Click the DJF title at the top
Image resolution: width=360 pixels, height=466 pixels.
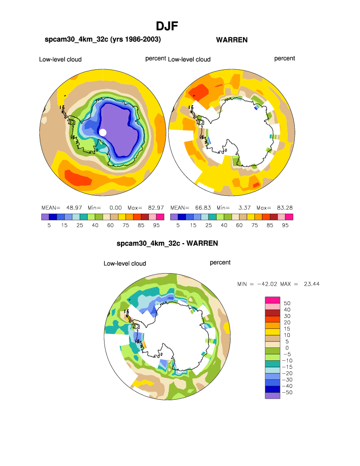(x=167, y=26)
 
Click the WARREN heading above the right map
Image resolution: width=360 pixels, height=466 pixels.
(x=232, y=39)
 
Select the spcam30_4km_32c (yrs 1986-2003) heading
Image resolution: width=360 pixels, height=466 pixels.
(x=103, y=39)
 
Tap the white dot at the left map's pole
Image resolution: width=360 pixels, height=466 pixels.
(x=103, y=132)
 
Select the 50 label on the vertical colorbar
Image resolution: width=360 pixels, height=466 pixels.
(x=287, y=303)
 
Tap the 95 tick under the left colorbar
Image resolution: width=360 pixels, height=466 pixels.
(x=156, y=225)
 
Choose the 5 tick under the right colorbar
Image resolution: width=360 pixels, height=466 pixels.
(x=178, y=225)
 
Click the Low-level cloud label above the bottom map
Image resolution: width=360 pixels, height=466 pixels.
(x=124, y=263)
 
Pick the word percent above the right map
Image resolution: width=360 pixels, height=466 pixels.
(x=284, y=58)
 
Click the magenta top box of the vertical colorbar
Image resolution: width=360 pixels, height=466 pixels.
(x=272, y=299)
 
